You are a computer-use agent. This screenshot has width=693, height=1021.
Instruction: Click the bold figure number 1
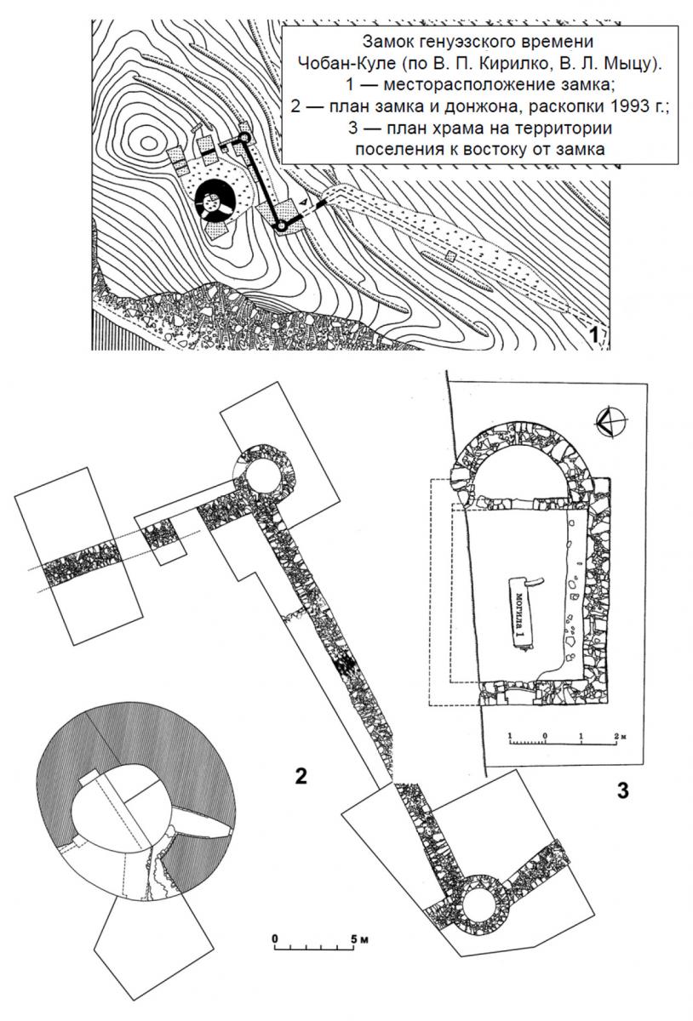point(593,335)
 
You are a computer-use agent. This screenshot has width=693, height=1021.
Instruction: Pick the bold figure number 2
point(301,776)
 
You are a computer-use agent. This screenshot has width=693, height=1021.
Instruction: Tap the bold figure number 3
point(622,790)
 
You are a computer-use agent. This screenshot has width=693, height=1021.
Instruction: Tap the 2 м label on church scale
point(619,736)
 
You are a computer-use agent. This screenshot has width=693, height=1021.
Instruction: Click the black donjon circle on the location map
point(215,201)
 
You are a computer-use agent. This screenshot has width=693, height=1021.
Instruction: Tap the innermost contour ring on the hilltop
point(148,143)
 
